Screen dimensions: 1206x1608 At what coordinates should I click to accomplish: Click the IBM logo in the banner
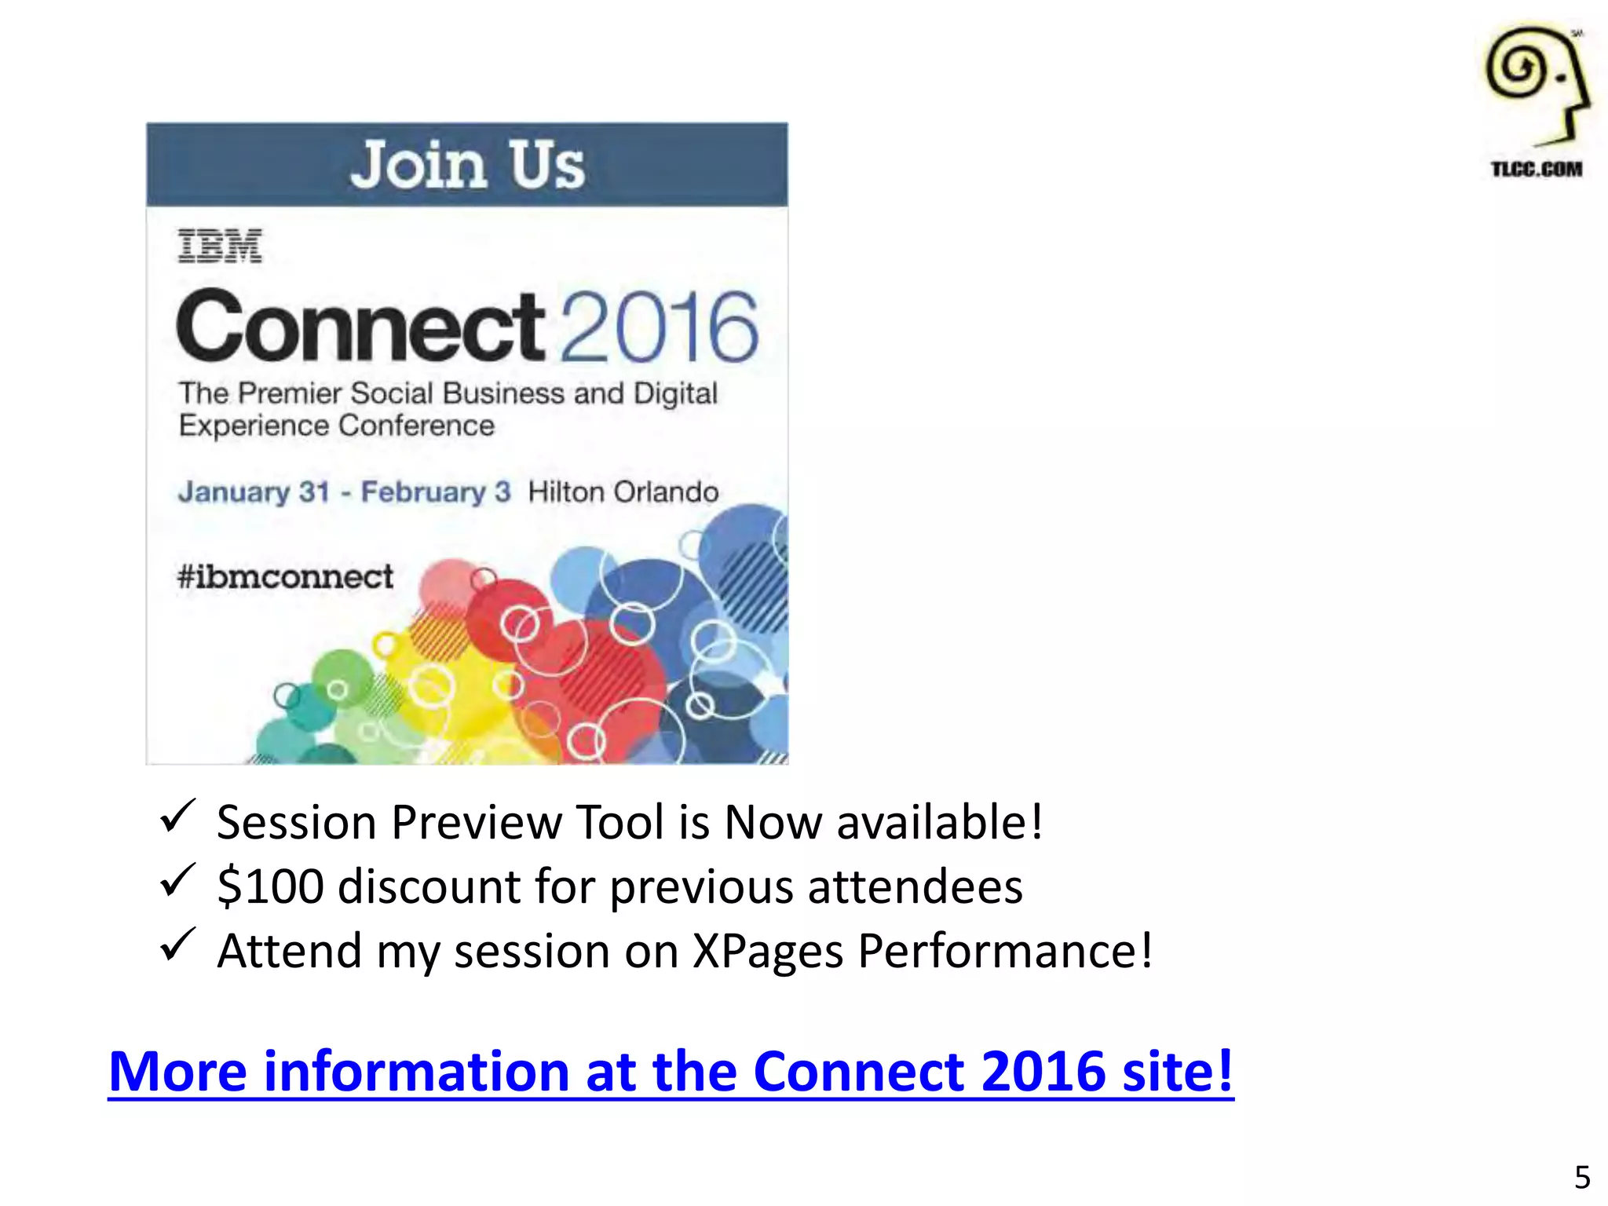220,246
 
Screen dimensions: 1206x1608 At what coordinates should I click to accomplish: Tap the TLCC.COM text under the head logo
1537,169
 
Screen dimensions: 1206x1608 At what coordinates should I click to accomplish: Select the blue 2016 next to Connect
660,327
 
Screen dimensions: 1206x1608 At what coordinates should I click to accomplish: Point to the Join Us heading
467,165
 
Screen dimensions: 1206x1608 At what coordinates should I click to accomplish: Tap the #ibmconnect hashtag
285,576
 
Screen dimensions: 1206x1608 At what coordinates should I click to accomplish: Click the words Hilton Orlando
623,492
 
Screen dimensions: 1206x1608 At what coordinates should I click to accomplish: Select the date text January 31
254,492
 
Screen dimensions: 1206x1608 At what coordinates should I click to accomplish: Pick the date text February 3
436,492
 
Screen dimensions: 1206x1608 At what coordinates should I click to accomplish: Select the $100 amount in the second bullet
271,886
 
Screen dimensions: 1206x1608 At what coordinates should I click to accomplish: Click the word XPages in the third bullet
767,952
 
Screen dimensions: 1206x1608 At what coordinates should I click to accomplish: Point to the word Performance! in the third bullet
1005,952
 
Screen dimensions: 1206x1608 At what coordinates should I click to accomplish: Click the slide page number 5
1582,1177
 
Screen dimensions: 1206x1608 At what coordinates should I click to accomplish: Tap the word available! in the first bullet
940,822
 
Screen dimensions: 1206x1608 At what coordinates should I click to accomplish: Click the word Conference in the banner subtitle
417,426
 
